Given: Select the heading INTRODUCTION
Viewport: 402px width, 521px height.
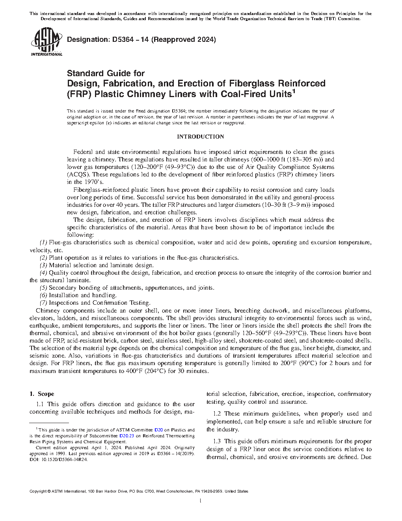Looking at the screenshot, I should tap(201, 137).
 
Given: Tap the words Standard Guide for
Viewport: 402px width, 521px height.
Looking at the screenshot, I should tap(106, 73).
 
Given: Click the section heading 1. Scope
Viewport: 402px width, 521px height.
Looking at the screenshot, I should tap(42, 394).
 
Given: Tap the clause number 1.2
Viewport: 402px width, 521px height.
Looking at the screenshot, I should tap(217, 414).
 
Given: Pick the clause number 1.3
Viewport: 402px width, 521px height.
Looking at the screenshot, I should tap(217, 441).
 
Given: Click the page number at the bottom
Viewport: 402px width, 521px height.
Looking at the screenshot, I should tap(201, 501).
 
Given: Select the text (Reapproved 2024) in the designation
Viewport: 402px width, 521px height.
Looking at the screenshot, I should tap(184, 39).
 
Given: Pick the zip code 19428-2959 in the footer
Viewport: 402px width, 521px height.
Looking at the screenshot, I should tap(212, 491).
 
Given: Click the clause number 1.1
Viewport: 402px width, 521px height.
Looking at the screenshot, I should tap(40, 404).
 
